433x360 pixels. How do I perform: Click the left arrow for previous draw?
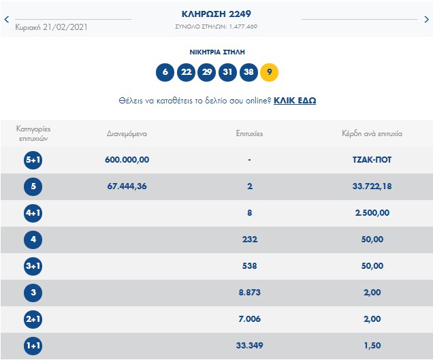pyautogui.click(x=7, y=20)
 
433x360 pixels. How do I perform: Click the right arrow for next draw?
pyautogui.click(x=427, y=20)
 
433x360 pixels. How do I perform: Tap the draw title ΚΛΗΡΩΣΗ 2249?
pyautogui.click(x=216, y=14)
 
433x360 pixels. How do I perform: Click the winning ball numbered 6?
pyautogui.click(x=164, y=71)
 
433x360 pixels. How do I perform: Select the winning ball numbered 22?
pyautogui.click(x=185, y=71)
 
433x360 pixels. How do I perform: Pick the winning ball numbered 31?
pyautogui.click(x=227, y=71)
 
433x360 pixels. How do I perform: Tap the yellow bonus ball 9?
pyautogui.click(x=270, y=71)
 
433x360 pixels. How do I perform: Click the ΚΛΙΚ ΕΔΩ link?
pyautogui.click(x=295, y=101)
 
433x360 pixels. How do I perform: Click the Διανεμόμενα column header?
pyautogui.click(x=127, y=133)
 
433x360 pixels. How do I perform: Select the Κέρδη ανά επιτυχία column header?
pyautogui.click(x=372, y=133)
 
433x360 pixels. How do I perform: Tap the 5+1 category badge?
pyautogui.click(x=33, y=160)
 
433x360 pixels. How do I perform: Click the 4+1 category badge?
pyautogui.click(x=33, y=213)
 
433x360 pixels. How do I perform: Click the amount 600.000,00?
pyautogui.click(x=127, y=160)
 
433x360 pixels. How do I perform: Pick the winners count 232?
pyautogui.click(x=250, y=240)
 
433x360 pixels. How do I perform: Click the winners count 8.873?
pyautogui.click(x=250, y=293)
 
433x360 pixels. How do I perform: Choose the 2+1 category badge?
pyautogui.click(x=33, y=319)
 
